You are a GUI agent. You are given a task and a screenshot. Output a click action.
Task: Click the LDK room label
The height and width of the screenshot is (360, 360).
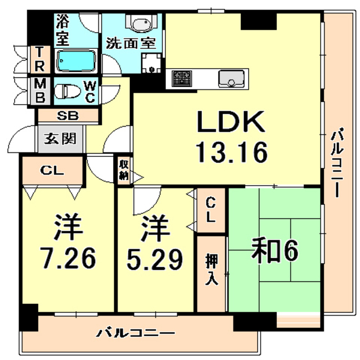click(x=229, y=122)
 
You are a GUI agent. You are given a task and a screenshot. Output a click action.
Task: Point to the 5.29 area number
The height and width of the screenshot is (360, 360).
click(x=154, y=258)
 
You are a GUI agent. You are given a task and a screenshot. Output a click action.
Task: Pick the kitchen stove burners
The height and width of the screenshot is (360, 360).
click(x=181, y=78)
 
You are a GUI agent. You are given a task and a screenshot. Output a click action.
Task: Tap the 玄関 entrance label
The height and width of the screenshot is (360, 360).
click(x=57, y=138)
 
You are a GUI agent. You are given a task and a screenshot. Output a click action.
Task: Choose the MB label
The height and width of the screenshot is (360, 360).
click(x=40, y=91)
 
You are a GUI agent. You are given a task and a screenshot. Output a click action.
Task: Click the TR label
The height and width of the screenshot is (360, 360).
click(x=40, y=58)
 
